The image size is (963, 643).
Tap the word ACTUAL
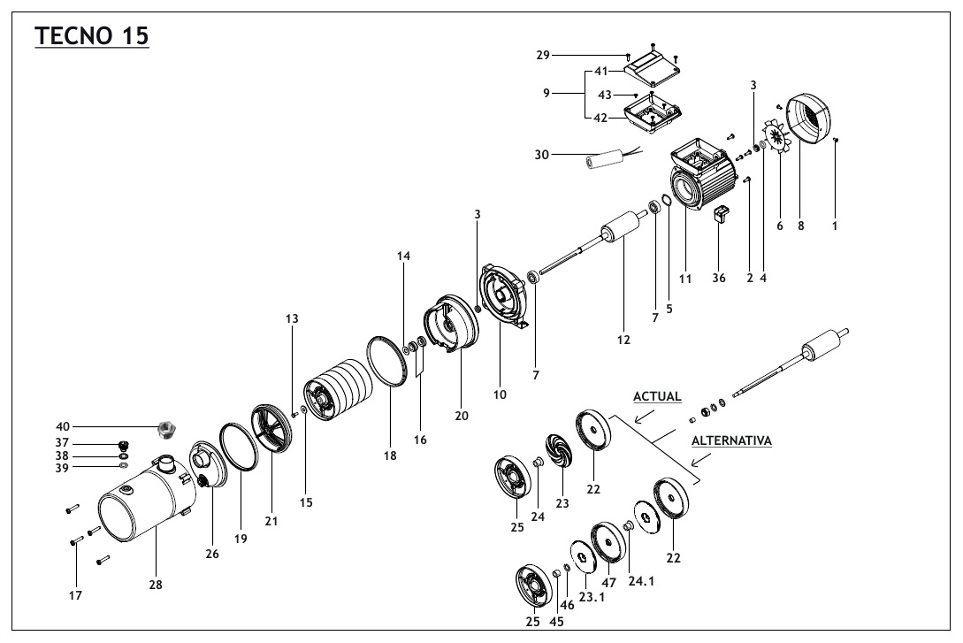point(655,397)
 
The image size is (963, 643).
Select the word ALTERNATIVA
point(730,440)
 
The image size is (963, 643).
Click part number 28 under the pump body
point(156,584)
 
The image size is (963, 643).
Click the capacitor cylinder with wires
point(607,161)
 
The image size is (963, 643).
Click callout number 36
point(719,277)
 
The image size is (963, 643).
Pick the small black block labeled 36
point(720,214)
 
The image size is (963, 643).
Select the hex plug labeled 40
point(164,430)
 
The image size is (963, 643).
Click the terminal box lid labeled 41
point(652,64)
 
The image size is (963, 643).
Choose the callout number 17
point(75,595)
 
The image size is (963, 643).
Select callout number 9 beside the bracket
point(546,92)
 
